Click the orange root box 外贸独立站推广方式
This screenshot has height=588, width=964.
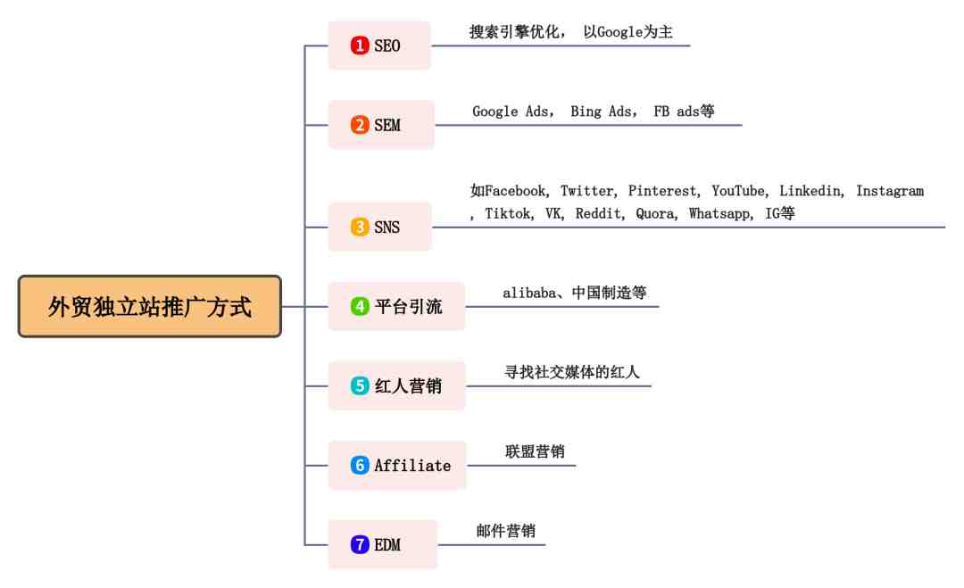point(150,306)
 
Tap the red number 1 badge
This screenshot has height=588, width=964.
point(360,46)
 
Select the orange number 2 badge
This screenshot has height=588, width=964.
point(360,125)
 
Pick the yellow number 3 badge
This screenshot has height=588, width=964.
point(360,227)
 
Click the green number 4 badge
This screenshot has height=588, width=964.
point(360,306)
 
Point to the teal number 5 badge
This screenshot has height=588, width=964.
point(360,385)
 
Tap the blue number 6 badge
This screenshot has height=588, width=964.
point(360,465)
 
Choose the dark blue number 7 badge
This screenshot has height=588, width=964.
point(360,544)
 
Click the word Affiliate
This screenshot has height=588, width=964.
point(412,466)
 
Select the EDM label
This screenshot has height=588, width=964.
point(387,545)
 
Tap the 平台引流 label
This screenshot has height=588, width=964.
point(408,307)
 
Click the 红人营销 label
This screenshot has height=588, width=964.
point(408,385)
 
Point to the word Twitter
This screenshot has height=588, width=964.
point(586,191)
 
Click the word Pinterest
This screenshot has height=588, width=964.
point(661,191)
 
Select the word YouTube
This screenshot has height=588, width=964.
point(738,191)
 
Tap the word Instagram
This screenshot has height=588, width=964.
point(890,191)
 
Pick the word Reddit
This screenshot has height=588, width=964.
point(597,213)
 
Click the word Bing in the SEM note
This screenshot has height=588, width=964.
point(586,112)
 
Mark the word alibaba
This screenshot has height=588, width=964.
point(529,293)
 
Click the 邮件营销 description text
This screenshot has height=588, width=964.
point(506,531)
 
